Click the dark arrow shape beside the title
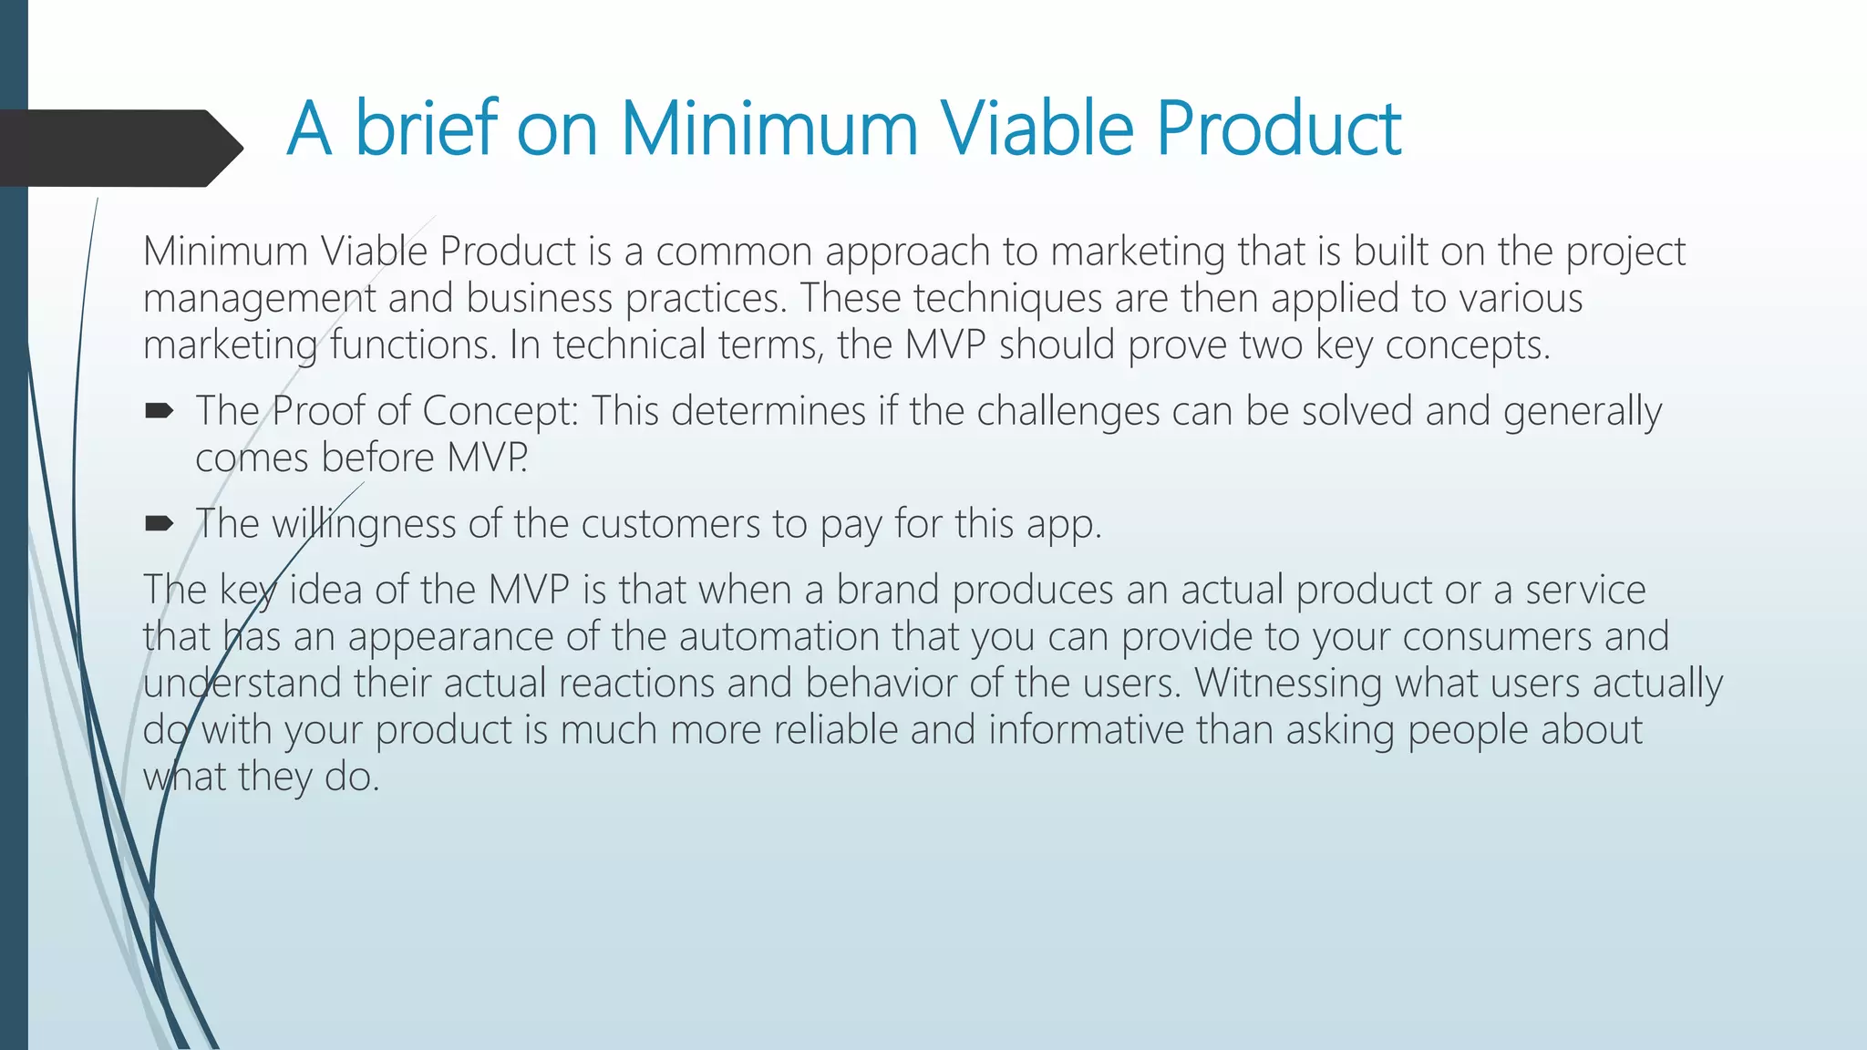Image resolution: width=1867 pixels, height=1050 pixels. click(x=119, y=149)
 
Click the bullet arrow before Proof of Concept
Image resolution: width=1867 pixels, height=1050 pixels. click(x=159, y=412)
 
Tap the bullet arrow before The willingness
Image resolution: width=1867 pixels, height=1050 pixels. click(x=159, y=523)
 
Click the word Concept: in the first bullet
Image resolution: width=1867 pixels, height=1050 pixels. click(x=500, y=412)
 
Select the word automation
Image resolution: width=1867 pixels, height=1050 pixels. click(x=779, y=636)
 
